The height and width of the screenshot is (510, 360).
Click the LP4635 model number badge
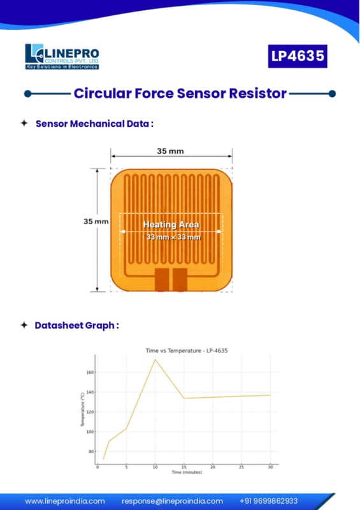pyautogui.click(x=298, y=56)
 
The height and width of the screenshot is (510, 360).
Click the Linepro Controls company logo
pyautogui.click(x=62, y=57)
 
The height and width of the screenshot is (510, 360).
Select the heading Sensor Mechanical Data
pyautogui.click(x=94, y=124)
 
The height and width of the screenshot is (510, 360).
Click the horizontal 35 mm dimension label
pyautogui.click(x=170, y=151)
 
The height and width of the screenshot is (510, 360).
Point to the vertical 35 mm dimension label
pyautogui.click(x=96, y=221)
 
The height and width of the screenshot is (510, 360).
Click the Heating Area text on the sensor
pyautogui.click(x=171, y=224)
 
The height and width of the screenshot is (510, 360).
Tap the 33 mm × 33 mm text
pyautogui.click(x=173, y=237)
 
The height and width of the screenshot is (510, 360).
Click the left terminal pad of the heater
pyautogui.click(x=162, y=279)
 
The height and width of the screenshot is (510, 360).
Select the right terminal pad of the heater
pyautogui.click(x=180, y=279)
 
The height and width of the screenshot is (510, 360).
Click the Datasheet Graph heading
pyautogui.click(x=76, y=325)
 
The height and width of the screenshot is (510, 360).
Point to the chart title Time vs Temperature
pyautogui.click(x=187, y=351)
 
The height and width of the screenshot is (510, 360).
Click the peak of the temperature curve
pyautogui.click(x=155, y=360)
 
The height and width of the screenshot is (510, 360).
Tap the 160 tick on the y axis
pyautogui.click(x=90, y=372)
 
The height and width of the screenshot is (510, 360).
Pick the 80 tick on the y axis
pyautogui.click(x=91, y=451)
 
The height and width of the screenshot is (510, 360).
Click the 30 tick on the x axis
pyautogui.click(x=270, y=467)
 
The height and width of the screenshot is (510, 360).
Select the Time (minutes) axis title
pyautogui.click(x=187, y=472)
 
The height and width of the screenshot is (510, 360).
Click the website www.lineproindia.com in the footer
pyautogui.click(x=65, y=501)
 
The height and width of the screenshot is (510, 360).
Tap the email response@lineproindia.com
pyautogui.click(x=173, y=501)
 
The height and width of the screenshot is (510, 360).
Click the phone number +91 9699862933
pyautogui.click(x=269, y=501)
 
